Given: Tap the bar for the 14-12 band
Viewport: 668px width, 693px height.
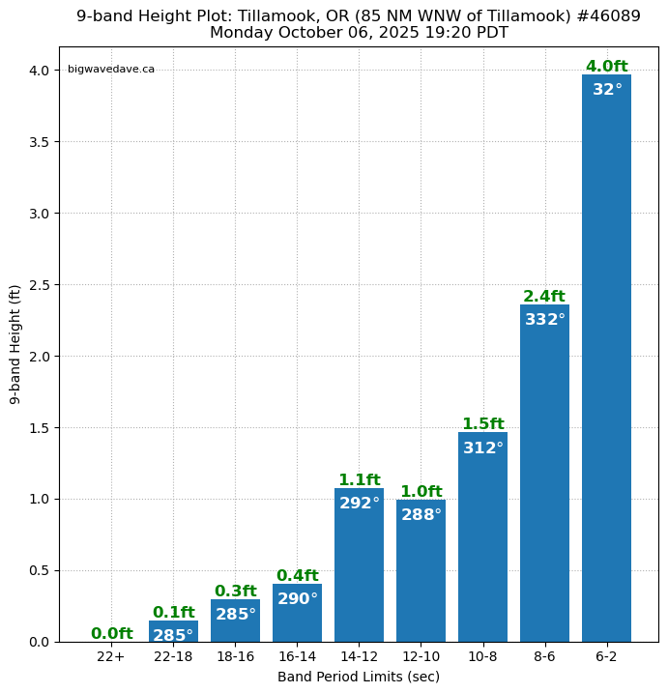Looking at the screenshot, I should (x=359, y=570).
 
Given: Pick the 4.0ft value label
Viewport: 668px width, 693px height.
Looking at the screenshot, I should (x=606, y=67).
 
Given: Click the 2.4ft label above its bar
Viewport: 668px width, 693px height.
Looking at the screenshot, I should (x=544, y=297).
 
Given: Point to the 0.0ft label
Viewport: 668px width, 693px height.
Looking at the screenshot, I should (x=111, y=634).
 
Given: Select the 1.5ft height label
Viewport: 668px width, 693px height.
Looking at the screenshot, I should (x=482, y=424).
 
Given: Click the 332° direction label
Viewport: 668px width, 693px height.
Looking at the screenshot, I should (x=544, y=320).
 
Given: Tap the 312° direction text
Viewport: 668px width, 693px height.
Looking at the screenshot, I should (x=482, y=448).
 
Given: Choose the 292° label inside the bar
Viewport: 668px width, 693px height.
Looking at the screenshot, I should (x=359, y=504).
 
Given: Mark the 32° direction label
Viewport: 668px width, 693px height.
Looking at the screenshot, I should (x=607, y=90).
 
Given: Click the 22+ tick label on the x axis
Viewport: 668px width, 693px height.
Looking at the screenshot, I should (x=111, y=656).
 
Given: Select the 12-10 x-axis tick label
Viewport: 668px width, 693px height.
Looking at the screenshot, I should (x=421, y=656).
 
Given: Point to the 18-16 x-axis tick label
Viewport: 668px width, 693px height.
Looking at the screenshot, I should (x=235, y=656).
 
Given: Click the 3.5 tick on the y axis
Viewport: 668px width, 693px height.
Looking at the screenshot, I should (x=39, y=142).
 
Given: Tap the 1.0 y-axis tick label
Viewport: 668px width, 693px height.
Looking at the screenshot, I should (x=39, y=500).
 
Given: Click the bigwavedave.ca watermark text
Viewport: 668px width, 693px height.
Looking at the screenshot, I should (x=111, y=70).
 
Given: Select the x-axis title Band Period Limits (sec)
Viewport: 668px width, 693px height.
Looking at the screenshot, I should (x=359, y=677).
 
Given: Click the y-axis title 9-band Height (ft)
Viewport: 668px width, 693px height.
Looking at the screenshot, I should (x=15, y=344).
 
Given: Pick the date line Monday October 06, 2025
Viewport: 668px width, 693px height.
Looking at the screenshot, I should (x=359, y=33).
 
